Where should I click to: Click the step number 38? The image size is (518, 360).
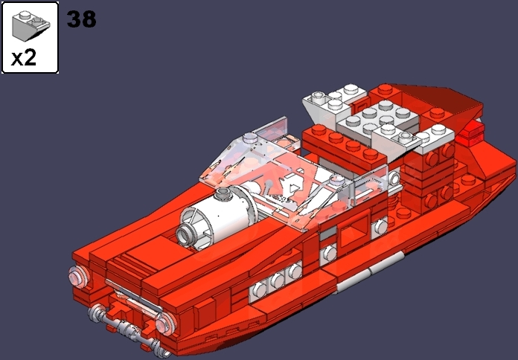point(81,19)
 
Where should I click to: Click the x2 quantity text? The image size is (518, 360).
point(24,58)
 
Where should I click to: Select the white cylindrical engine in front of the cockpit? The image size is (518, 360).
point(223,215)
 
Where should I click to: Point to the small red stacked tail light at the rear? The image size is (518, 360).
point(470,135)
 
